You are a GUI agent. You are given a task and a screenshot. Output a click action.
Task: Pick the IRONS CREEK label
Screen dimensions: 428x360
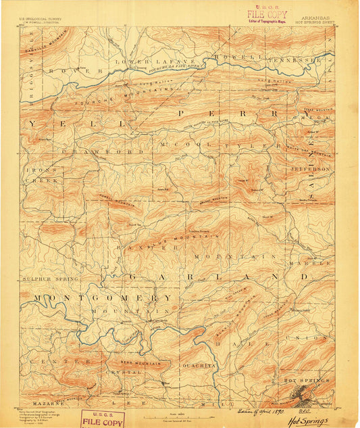point(42,176)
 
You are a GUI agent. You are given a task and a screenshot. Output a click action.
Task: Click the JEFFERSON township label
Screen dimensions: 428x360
point(310,168)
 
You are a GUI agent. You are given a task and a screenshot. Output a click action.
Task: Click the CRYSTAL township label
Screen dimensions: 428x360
point(122,373)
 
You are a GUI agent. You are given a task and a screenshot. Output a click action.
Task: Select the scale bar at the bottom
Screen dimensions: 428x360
point(180,415)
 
